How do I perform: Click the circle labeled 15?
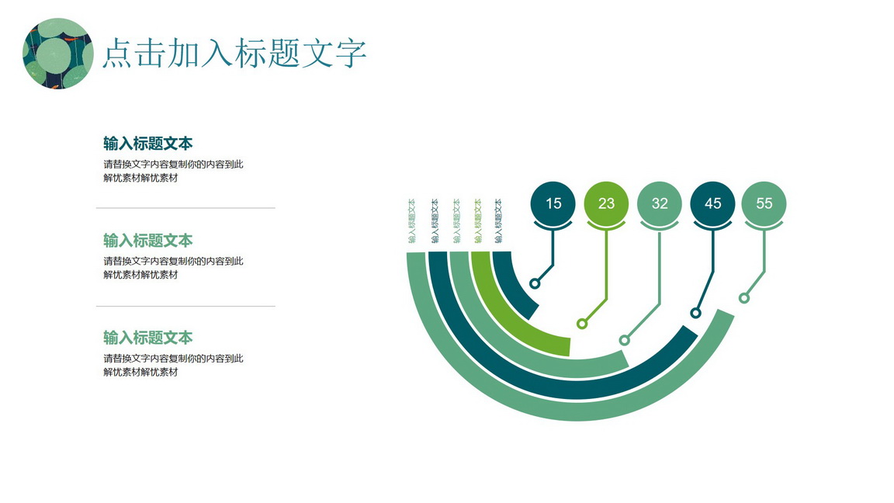tap(553, 203)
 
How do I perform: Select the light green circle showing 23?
tap(606, 203)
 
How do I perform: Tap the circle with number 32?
tap(659, 203)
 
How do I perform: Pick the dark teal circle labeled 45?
tap(712, 203)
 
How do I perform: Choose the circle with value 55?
tap(764, 203)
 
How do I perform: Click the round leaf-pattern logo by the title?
tap(58, 54)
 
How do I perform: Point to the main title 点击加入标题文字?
tap(234, 53)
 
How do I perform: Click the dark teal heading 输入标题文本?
tap(148, 143)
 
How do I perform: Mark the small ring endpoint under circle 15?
tap(535, 283)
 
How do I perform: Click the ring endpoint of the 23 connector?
tap(581, 324)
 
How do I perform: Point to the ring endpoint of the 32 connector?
tap(624, 341)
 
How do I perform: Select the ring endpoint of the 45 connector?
tap(695, 313)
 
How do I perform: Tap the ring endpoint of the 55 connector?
tap(744, 298)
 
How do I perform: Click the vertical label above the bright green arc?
tap(478, 220)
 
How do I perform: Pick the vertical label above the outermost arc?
tap(411, 220)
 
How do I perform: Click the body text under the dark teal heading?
tap(173, 171)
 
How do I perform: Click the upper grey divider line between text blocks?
tap(186, 208)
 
